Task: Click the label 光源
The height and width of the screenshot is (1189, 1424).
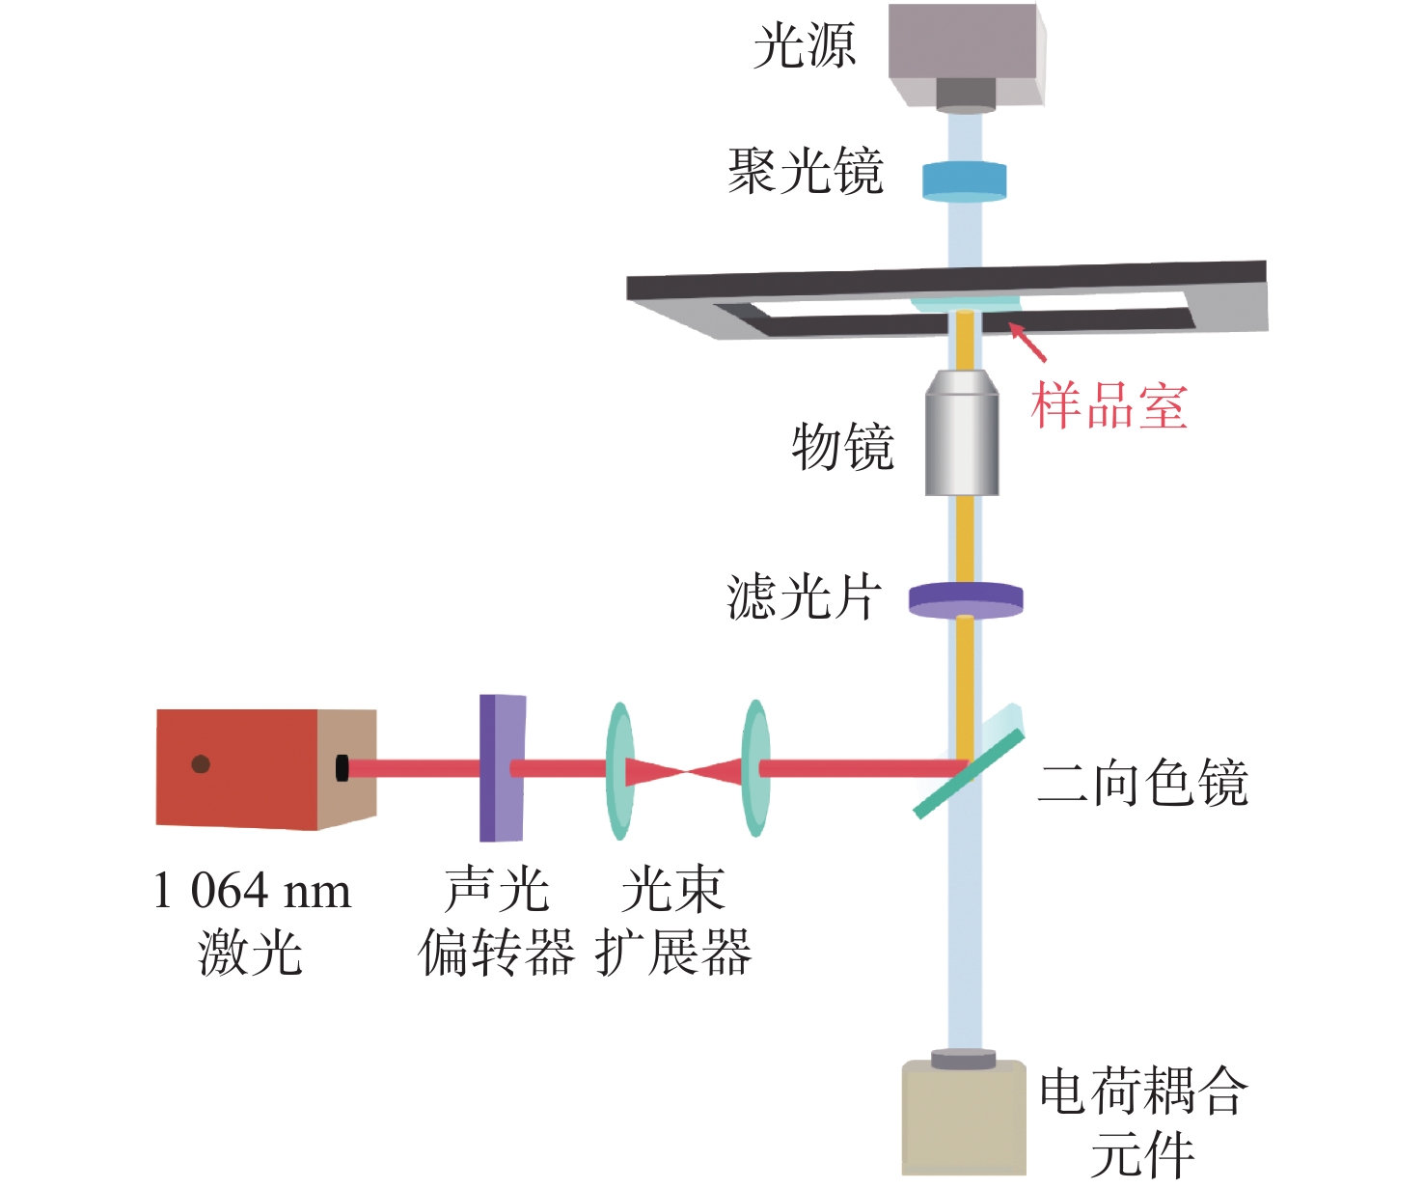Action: pyautogui.click(x=804, y=45)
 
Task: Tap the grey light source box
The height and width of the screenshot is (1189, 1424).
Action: pyautogui.click(x=967, y=56)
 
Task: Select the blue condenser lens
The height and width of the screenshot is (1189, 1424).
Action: pyautogui.click(x=965, y=181)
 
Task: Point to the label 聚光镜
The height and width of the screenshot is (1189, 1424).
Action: pyautogui.click(x=806, y=171)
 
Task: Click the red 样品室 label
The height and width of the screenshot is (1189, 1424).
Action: pyautogui.click(x=1109, y=406)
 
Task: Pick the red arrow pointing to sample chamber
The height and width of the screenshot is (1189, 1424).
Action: pyautogui.click(x=1027, y=342)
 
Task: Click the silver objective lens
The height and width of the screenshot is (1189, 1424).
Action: pyautogui.click(x=962, y=432)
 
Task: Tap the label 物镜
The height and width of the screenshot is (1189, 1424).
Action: pyautogui.click(x=842, y=447)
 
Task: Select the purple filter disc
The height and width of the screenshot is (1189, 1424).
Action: pyautogui.click(x=966, y=600)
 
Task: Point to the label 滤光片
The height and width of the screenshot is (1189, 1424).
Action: pyautogui.click(x=804, y=596)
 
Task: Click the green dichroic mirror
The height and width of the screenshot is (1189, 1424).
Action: pyautogui.click(x=969, y=773)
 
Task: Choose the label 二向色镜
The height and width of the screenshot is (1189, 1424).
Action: pyautogui.click(x=1142, y=783)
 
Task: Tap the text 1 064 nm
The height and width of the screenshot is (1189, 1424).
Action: pyautogui.click(x=252, y=890)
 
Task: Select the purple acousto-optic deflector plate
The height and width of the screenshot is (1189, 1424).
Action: pyautogui.click(x=503, y=768)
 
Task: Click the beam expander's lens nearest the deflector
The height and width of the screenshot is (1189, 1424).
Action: pyautogui.click(x=620, y=771)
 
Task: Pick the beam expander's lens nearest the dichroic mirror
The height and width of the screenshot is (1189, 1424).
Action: pyautogui.click(x=755, y=768)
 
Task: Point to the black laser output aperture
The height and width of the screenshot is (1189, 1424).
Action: pyautogui.click(x=342, y=768)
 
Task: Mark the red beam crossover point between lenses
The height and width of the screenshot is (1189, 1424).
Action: pyautogui.click(x=685, y=771)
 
